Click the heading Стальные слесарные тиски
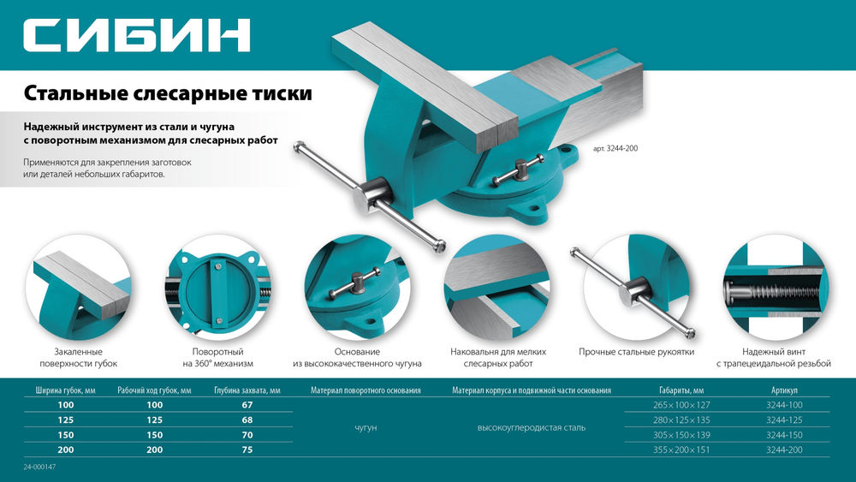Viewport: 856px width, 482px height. (x=168, y=92)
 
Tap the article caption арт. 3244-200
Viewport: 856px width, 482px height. (x=615, y=148)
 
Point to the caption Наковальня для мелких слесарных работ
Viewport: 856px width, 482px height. (x=497, y=358)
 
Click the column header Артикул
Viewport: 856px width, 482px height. (x=784, y=390)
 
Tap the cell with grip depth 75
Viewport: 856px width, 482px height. (x=247, y=449)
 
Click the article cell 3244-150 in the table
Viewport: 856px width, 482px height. (x=784, y=435)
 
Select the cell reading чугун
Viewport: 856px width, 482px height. (x=366, y=427)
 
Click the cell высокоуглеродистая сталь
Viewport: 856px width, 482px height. (x=531, y=427)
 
